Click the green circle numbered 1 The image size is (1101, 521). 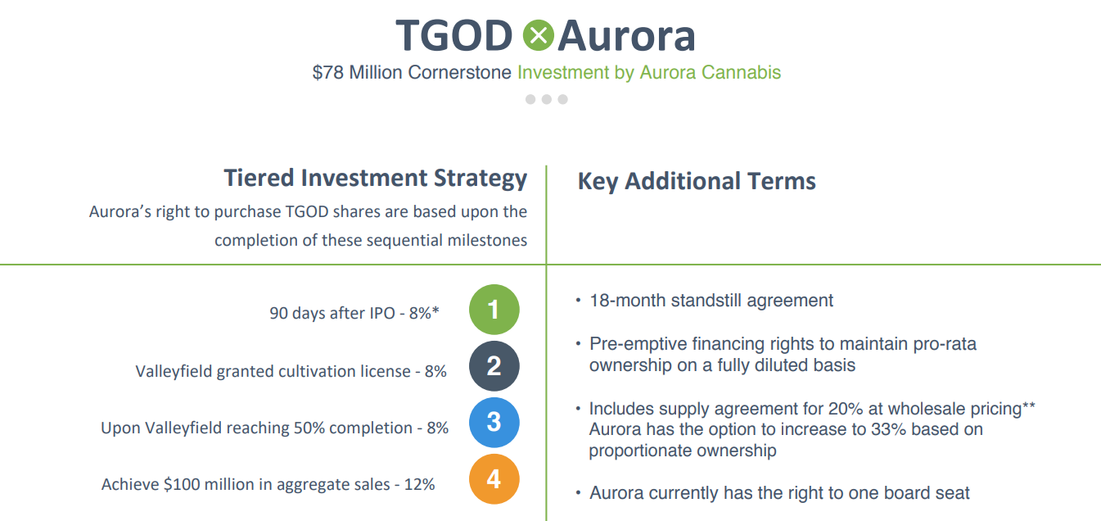click(494, 310)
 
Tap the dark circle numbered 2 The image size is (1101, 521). click(494, 365)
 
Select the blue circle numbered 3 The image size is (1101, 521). click(494, 422)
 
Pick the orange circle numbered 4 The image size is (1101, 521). click(494, 478)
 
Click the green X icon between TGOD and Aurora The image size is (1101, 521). click(536, 35)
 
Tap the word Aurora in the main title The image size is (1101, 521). click(626, 36)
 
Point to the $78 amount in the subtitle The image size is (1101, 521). click(328, 73)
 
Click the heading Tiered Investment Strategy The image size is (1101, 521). click(376, 178)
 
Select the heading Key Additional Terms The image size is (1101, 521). click(697, 181)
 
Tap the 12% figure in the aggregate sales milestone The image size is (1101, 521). click(419, 484)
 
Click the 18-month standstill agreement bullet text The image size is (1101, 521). click(711, 301)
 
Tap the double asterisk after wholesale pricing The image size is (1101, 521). click(1030, 405)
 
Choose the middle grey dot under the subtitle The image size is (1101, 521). click(547, 99)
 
